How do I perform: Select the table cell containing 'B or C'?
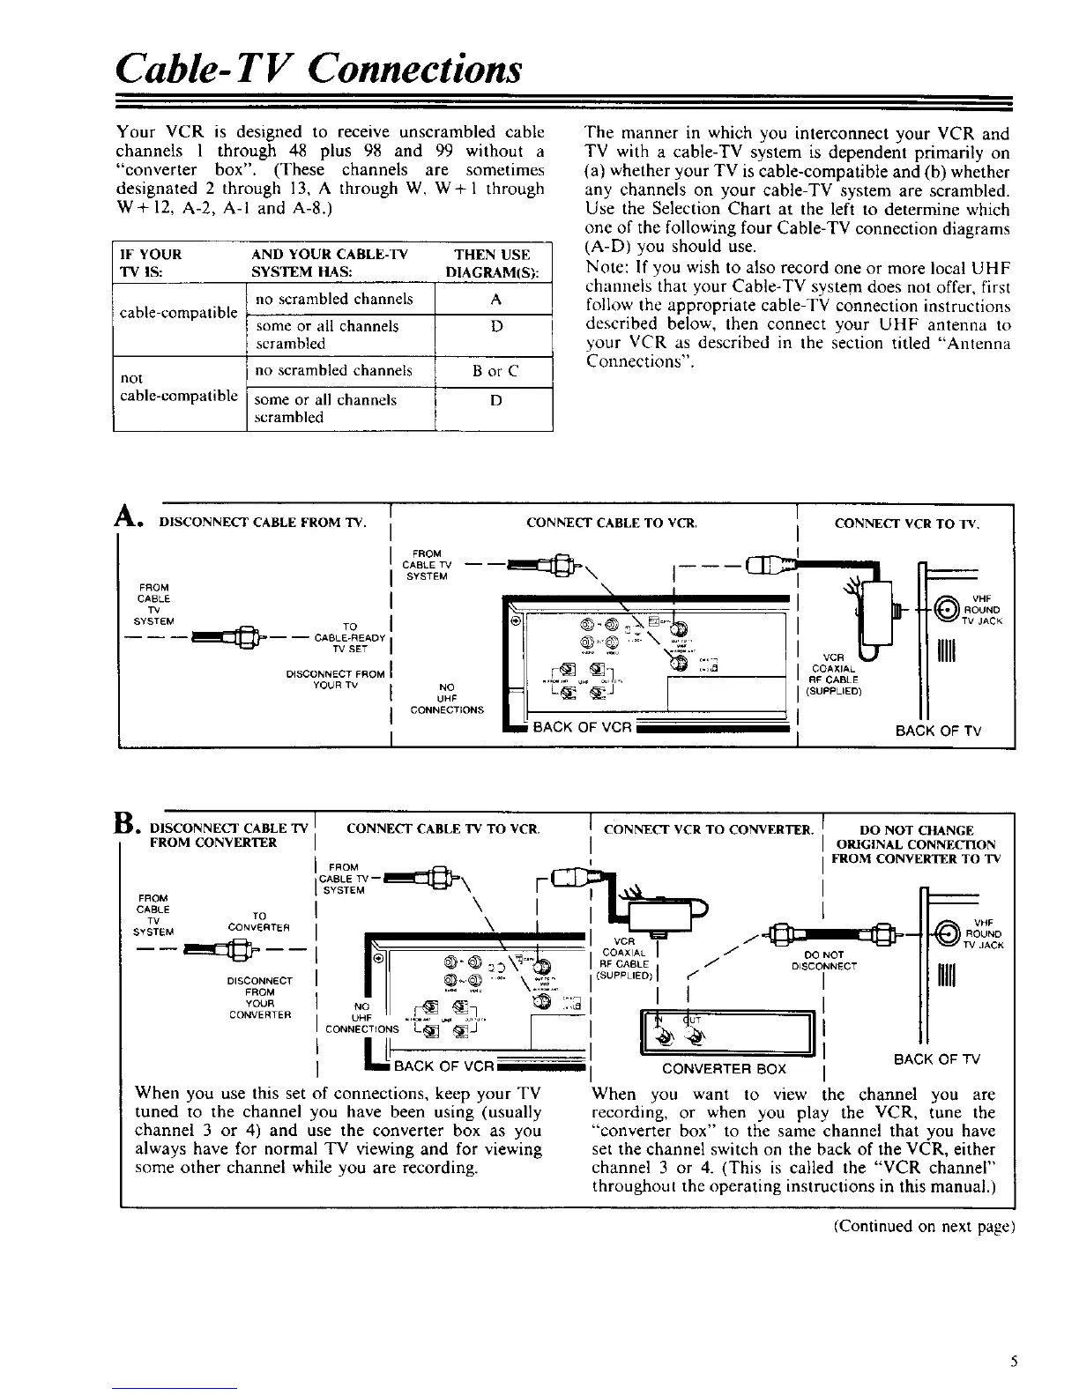[x=495, y=371]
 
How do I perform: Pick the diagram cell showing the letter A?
[x=495, y=299]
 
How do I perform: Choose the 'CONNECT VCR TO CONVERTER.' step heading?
[x=707, y=829]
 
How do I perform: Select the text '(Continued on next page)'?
[x=926, y=1226]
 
